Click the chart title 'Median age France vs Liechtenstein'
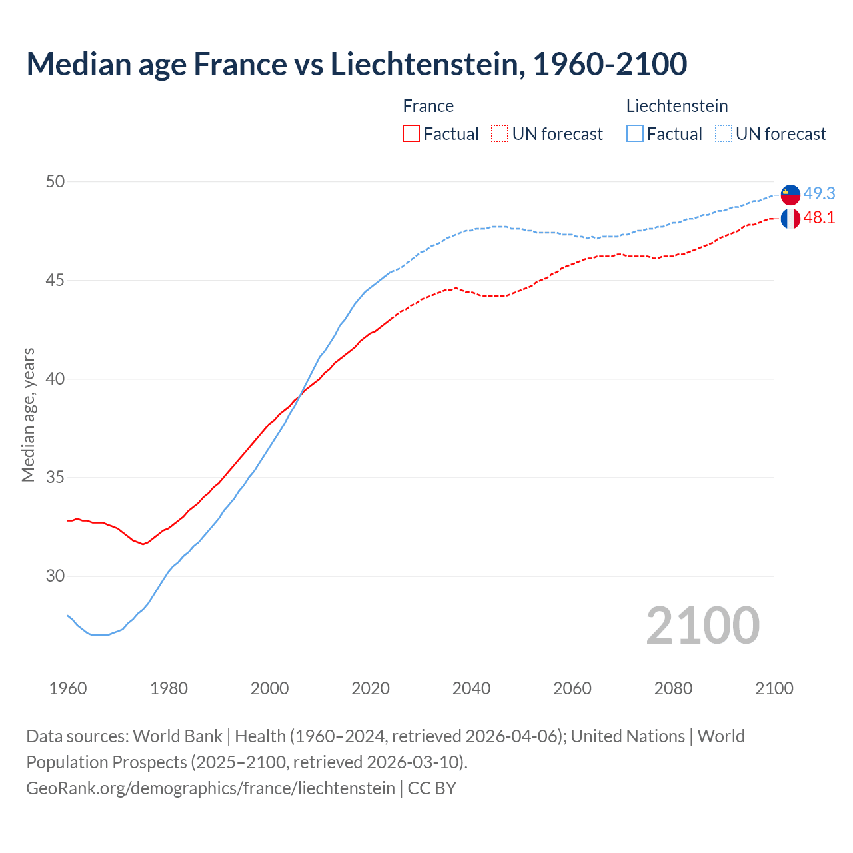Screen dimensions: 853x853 click(357, 65)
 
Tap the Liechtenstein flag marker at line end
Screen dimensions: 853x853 click(790, 195)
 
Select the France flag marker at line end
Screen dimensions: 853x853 click(790, 219)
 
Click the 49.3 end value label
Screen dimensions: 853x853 click(819, 194)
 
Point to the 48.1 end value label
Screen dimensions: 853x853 click(819, 218)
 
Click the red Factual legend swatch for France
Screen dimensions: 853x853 click(411, 134)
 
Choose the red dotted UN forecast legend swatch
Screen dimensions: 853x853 click(500, 134)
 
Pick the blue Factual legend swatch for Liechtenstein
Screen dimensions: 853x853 click(635, 134)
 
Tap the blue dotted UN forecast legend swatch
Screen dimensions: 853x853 click(724, 134)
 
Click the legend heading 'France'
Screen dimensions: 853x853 click(428, 106)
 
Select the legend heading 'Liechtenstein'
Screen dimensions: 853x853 click(677, 106)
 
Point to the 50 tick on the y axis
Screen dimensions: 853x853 click(55, 181)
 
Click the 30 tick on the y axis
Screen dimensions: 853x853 click(55, 576)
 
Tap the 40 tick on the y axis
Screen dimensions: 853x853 click(55, 379)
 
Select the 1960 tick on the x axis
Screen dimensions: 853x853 click(68, 688)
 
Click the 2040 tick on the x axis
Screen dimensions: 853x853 click(471, 688)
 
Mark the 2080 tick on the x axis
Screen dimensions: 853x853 click(673, 688)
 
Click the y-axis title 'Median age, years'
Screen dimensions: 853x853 click(28, 415)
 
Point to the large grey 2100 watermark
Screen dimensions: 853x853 click(702, 626)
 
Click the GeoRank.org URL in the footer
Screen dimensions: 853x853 click(211, 788)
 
